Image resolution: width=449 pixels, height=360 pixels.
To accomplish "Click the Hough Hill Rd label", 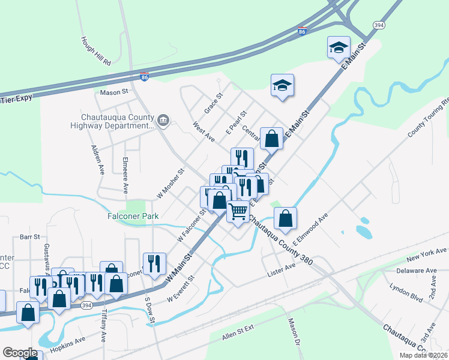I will (96, 50).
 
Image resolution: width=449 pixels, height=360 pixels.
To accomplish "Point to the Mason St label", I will (115, 92).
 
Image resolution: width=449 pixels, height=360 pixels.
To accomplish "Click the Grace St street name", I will (213, 104).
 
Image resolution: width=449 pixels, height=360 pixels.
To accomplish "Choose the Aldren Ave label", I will (98, 159).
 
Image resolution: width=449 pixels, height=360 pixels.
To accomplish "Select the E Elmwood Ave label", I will (312, 229).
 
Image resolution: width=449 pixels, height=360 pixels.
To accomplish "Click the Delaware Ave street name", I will (418, 271).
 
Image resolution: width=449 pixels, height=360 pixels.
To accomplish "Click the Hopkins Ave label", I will (67, 348).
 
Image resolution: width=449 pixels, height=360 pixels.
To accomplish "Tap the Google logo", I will (20, 353).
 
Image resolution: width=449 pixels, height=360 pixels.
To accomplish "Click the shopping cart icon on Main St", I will (238, 212).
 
